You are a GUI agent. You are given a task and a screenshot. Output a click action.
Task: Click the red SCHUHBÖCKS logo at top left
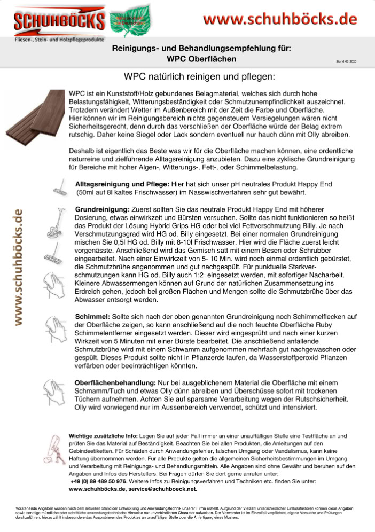click(59, 21)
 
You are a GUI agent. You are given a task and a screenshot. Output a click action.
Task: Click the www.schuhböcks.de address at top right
click(280, 19)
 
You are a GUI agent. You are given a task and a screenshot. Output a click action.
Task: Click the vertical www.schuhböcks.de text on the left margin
click(18, 267)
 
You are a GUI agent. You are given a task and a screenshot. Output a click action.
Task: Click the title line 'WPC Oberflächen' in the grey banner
click(201, 58)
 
